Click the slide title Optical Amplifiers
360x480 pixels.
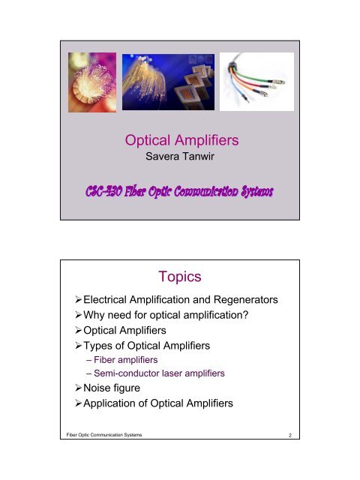180,142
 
